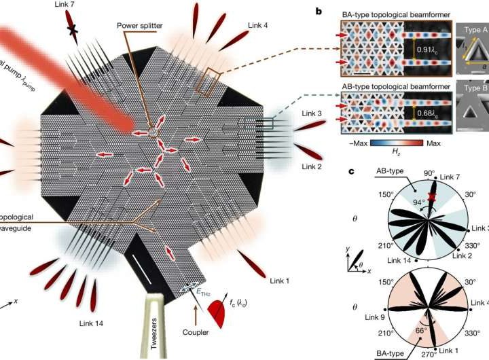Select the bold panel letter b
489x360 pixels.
[x=340, y=10]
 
